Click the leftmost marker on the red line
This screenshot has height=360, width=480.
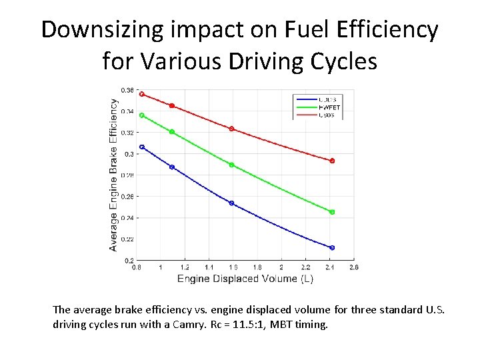click(x=142, y=94)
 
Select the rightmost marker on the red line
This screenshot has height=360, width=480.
click(x=332, y=161)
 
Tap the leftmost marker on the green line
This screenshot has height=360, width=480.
click(x=142, y=115)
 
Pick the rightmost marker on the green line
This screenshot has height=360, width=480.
click(x=332, y=212)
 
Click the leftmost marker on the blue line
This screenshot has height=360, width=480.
click(x=142, y=147)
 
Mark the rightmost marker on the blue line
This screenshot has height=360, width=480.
click(x=332, y=247)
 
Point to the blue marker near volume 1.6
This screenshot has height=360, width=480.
click(x=231, y=203)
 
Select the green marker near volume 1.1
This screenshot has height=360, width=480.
click(x=172, y=132)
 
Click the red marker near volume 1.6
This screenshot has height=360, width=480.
click(x=231, y=129)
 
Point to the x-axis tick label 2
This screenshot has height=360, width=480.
click(x=281, y=267)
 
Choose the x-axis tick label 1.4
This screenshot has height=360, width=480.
click(x=209, y=267)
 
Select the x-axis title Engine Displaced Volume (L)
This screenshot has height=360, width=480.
click(x=245, y=279)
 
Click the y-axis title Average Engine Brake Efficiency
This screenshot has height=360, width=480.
click(x=113, y=175)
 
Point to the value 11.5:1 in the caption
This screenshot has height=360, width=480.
click(x=269, y=326)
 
